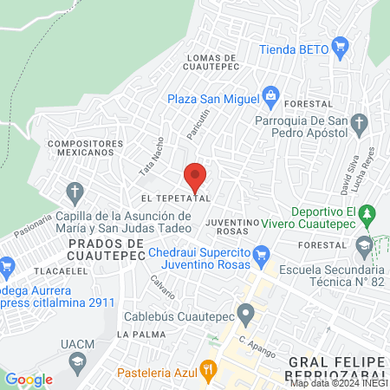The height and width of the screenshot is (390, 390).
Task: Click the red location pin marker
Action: (195, 177)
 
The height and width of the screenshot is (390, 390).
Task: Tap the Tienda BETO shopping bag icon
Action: (340, 47)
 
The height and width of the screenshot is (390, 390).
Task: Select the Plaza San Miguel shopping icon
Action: (270, 94)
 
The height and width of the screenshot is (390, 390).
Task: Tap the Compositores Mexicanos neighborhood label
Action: (80, 146)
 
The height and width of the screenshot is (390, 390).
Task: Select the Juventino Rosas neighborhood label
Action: (233, 227)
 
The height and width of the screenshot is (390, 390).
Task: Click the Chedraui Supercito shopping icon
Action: (264, 252)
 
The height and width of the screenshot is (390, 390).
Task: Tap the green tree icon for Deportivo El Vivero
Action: (367, 213)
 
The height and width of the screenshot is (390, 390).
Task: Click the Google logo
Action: (29, 379)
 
